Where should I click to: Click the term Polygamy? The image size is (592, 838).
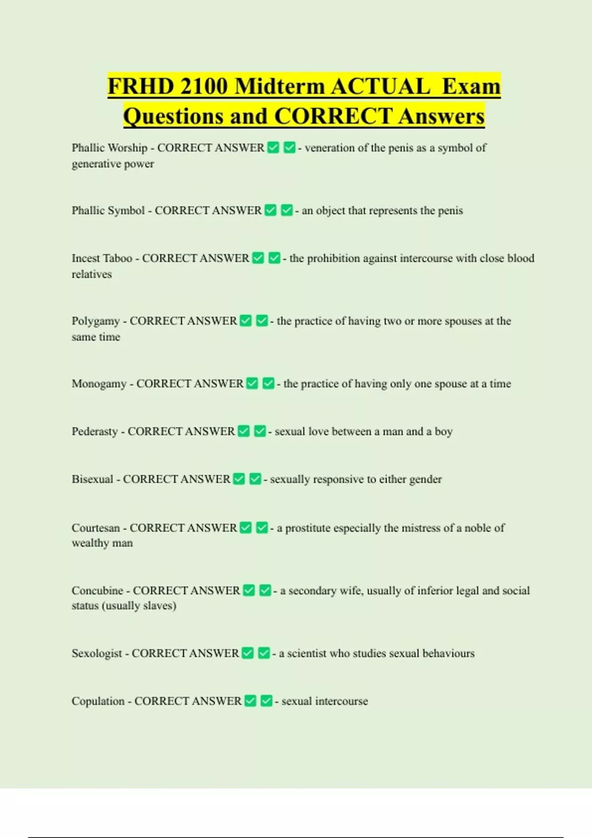click(96, 321)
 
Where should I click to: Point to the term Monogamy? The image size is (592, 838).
click(99, 384)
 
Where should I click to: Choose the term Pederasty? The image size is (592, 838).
click(95, 431)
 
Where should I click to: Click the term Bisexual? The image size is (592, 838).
click(92, 479)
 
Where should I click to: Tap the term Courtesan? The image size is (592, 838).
click(96, 528)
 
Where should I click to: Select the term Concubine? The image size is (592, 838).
click(97, 591)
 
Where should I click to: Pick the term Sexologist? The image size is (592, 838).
click(97, 653)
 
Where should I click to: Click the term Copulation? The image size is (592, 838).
click(98, 701)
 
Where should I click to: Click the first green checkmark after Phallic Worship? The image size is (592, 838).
click(273, 147)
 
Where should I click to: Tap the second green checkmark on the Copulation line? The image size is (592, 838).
click(266, 700)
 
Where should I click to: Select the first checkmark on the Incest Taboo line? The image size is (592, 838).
click(258, 258)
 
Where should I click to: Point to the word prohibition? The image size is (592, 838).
click(333, 258)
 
